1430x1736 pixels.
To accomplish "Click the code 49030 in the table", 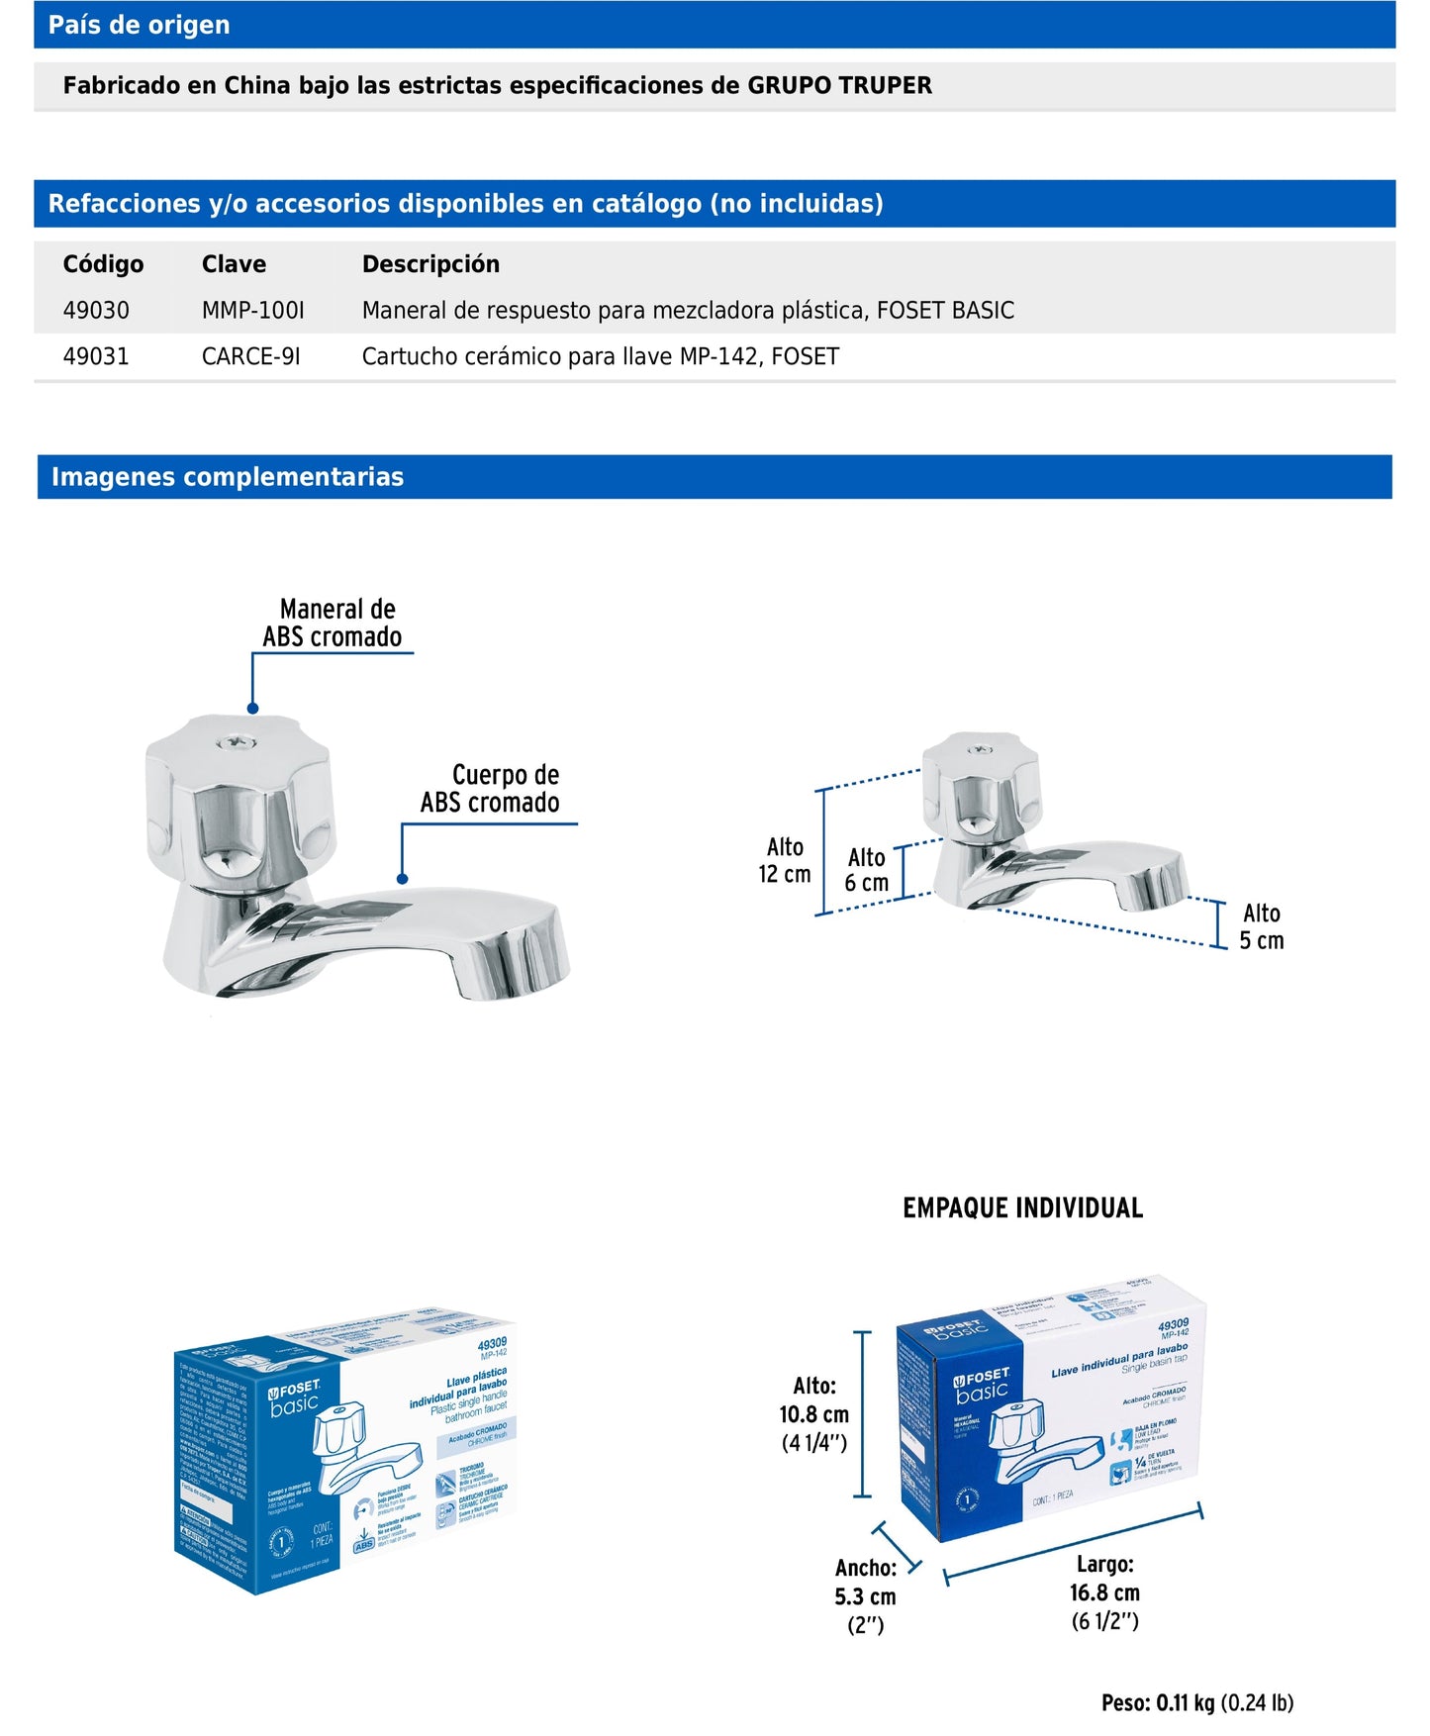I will pos(96,311).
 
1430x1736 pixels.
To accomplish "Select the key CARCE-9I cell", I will pos(250,356).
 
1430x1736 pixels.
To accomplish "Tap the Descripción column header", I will pos(430,264).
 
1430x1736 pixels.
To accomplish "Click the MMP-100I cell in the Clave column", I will pos(252,311).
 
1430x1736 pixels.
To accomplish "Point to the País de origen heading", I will pos(139,25).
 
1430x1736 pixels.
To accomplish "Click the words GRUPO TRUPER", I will pos(839,85).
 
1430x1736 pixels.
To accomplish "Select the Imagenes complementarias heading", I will pos(228,477).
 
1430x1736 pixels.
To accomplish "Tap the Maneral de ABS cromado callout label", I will pos(333,623).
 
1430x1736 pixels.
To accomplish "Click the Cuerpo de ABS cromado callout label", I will pos(491,789).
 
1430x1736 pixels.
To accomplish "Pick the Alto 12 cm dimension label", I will pos(785,860).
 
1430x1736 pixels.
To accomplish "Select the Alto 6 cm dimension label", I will pos(867,870).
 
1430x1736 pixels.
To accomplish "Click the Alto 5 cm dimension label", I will pos(1262,927).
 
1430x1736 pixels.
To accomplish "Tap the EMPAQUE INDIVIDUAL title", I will pos(1022,1207).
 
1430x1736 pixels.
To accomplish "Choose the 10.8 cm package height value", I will pos(813,1414).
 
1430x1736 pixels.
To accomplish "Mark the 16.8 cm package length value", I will pos(1104,1592).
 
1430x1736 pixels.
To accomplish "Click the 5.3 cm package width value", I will pos(865,1596).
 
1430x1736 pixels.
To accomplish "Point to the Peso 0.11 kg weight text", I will pos(1196,1702).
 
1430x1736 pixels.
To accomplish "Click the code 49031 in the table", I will pos(96,356).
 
